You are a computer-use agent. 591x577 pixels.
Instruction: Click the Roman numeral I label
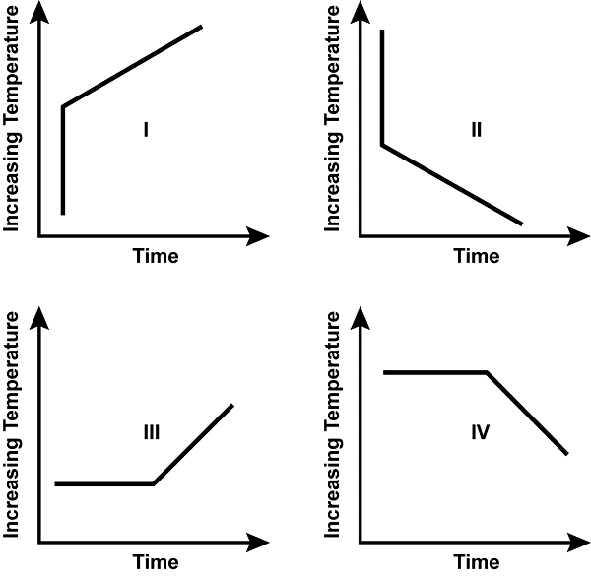click(145, 129)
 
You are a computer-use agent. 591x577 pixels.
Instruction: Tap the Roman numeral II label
click(476, 129)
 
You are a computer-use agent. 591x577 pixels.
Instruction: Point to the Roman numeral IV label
click(480, 431)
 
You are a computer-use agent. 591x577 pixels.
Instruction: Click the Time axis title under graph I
click(156, 257)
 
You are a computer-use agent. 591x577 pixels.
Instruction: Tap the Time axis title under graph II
click(477, 257)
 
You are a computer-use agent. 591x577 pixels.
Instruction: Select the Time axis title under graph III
click(156, 563)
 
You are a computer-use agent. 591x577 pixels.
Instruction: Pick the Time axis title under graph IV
click(477, 563)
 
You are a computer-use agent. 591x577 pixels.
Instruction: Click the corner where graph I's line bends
click(64, 106)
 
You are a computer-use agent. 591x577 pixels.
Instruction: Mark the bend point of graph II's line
click(382, 146)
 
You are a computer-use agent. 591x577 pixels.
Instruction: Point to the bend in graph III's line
click(153, 483)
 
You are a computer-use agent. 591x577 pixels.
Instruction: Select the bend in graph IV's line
click(488, 373)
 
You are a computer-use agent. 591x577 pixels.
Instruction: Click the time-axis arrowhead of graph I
click(261, 236)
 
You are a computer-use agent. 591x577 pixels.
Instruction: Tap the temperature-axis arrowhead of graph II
click(361, 15)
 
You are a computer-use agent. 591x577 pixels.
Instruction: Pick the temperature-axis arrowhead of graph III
click(39, 319)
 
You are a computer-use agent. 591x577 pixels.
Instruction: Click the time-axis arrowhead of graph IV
click(581, 543)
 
